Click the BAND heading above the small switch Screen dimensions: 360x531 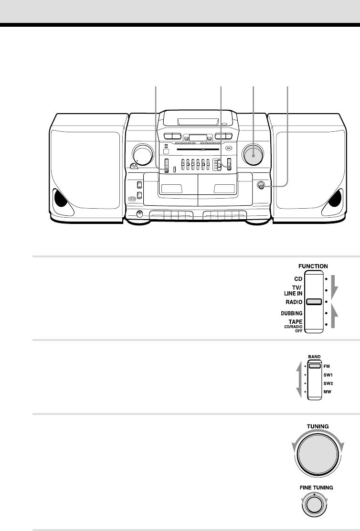314,356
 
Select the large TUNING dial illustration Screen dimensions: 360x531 316,451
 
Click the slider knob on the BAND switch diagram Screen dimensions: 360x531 314,366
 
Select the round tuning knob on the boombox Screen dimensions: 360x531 253,154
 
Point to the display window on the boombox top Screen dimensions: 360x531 197,138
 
